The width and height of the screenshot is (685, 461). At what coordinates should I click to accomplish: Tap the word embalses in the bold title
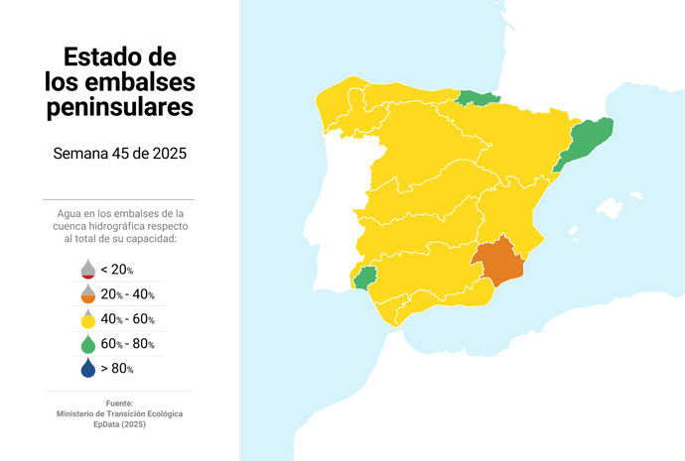tap(146, 81)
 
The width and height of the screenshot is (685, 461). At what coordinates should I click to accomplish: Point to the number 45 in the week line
tap(126, 154)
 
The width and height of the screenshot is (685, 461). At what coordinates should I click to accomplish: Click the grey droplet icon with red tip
tap(87, 270)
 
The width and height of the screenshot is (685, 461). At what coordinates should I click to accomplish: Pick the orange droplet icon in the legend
tap(87, 294)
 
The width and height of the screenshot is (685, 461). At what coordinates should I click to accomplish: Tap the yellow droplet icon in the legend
tap(87, 319)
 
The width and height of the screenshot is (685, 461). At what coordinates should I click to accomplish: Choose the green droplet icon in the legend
tap(87, 344)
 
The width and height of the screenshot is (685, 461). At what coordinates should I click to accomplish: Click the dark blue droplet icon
tap(87, 369)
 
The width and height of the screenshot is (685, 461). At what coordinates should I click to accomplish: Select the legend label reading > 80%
tap(117, 369)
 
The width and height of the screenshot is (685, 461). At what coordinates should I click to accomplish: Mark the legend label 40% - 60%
tap(127, 319)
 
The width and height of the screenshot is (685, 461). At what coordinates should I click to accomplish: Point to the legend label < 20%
tap(117, 270)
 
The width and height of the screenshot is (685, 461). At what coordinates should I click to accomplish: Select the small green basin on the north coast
tap(479, 97)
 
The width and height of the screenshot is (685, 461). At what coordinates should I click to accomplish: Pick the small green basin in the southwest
tap(366, 278)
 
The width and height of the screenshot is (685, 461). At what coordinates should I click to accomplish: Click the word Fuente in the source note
tap(119, 403)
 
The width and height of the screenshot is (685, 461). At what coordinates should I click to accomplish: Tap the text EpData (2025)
tap(119, 424)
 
